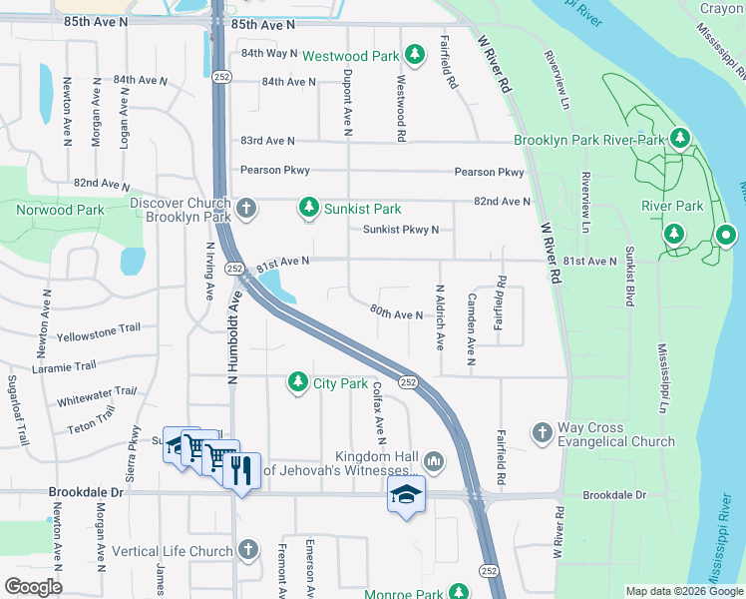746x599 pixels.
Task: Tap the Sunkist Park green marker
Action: [x=309, y=209]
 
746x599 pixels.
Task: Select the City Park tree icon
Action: [x=297, y=381]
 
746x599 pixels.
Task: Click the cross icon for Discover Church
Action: [x=246, y=209]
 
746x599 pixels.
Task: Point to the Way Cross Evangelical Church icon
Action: [x=542, y=432]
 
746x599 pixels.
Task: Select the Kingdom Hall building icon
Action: [x=433, y=461]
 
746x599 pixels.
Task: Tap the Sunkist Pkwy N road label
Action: [x=401, y=230]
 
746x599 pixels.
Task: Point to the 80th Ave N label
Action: [x=397, y=314]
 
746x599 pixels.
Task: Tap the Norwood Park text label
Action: [x=60, y=210]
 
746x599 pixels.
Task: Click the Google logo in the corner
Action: [x=33, y=587]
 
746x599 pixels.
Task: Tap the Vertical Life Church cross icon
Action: [x=247, y=551]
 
